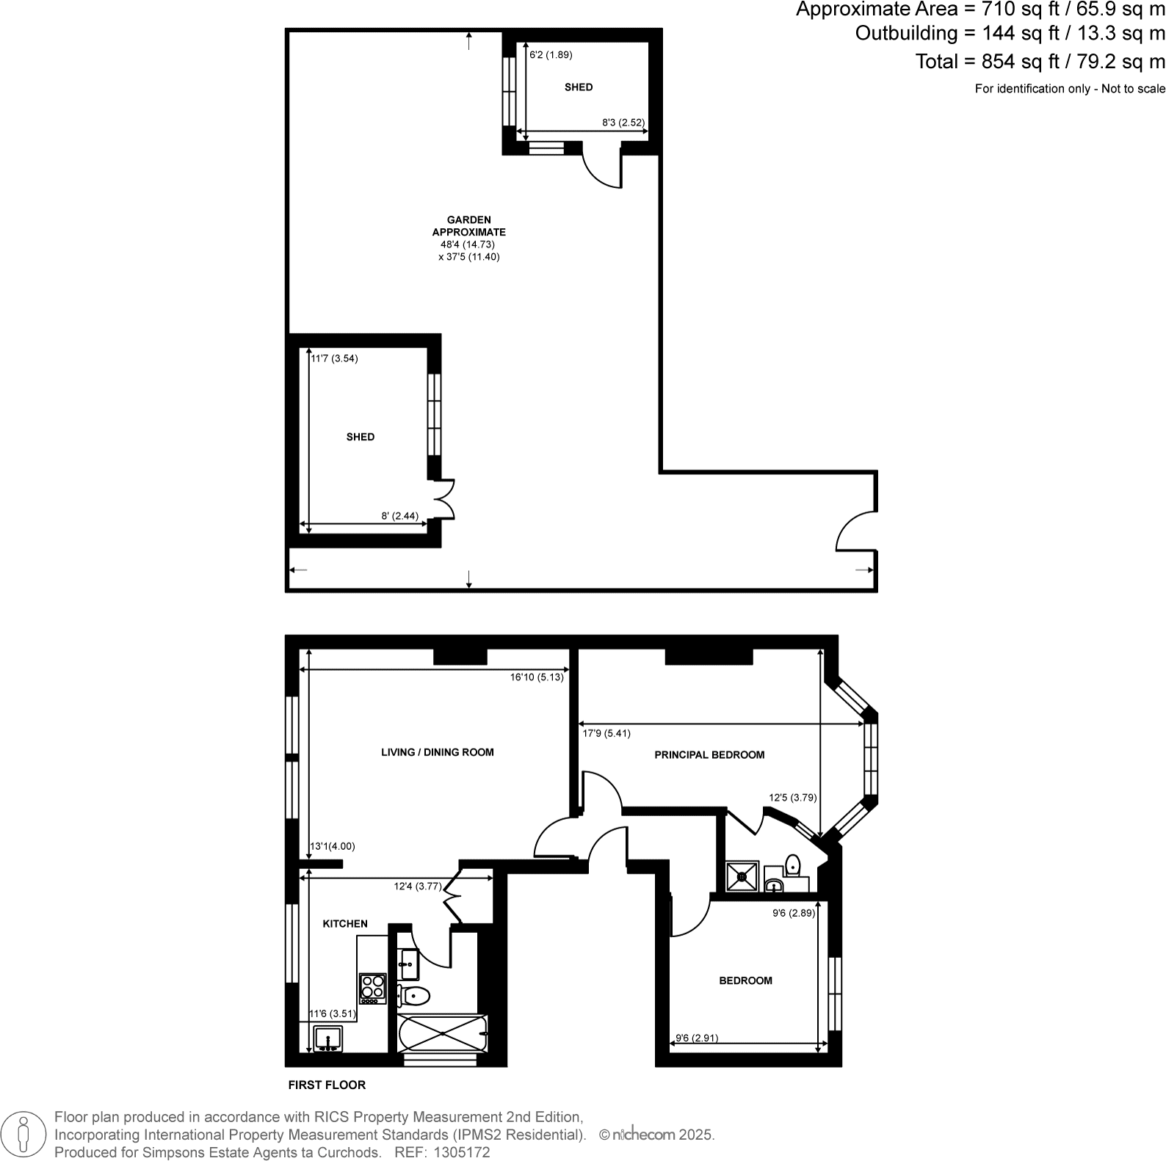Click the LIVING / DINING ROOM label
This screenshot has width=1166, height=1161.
point(437,752)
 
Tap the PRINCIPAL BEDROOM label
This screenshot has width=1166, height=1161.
point(709,754)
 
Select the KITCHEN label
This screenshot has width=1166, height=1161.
point(345,924)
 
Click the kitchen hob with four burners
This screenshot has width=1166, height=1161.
point(372,988)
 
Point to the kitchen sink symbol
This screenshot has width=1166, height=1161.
point(327,1039)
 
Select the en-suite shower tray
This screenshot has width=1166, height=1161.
point(742,876)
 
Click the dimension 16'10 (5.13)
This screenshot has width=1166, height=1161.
point(537,677)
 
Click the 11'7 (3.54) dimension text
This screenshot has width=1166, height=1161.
point(335,359)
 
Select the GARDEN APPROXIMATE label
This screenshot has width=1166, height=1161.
point(469,226)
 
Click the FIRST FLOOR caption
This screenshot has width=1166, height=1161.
point(327,1085)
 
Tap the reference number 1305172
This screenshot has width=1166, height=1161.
point(463,1152)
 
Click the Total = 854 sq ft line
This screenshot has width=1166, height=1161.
point(1040,62)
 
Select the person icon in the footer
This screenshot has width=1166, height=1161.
point(23,1135)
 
